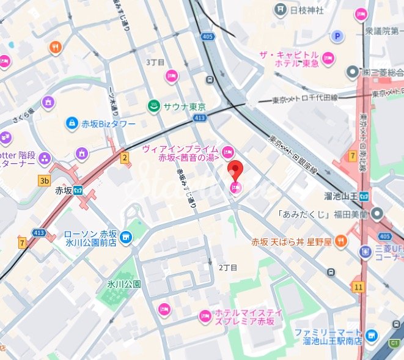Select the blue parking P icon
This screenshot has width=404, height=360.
coord(336,37)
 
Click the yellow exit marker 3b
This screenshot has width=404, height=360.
coord(43,180)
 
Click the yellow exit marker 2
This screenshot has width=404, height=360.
coord(125,159)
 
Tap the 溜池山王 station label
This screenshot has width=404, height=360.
coord(339,196)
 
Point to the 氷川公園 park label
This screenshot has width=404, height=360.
coord(124,284)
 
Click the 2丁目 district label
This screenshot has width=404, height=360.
coord(227,268)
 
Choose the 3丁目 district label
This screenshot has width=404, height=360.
coord(155,63)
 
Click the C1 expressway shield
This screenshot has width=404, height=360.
coord(394,343)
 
